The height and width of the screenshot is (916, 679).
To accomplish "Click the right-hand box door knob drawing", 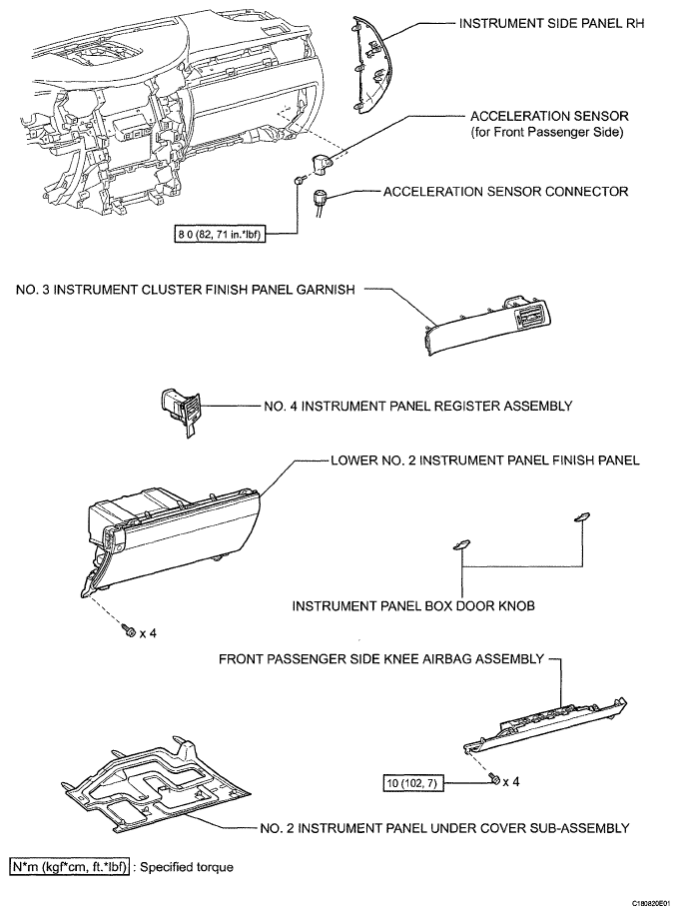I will coord(579,515).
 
